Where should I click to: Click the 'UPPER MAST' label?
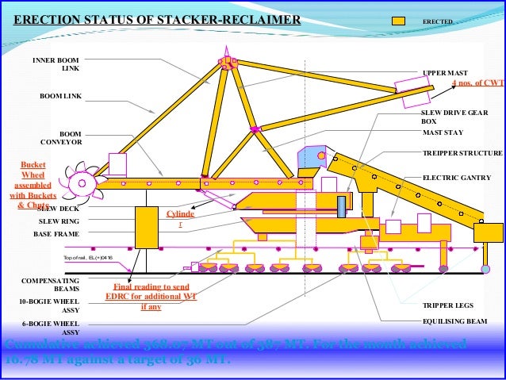click(x=445, y=72)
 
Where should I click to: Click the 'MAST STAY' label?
click(x=443, y=133)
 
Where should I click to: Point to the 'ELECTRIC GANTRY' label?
click(x=456, y=178)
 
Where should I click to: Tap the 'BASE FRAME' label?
click(x=53, y=235)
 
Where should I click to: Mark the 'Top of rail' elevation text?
click(x=88, y=259)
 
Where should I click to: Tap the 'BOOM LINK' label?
click(x=61, y=96)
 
